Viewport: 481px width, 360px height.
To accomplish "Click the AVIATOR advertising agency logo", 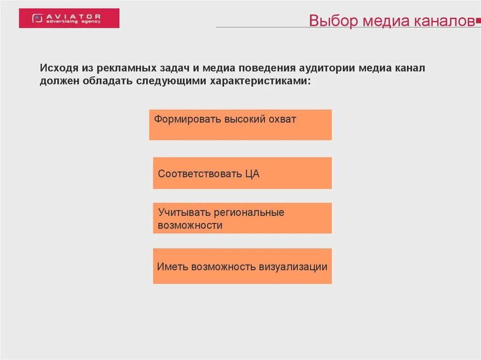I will pos(69,18).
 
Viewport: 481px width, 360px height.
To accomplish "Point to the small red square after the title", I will pos(478,21).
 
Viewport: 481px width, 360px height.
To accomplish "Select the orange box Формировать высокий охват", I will pos(240,125).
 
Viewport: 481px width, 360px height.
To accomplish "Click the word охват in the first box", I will pos(282,119).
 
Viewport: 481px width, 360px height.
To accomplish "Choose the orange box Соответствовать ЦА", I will pos(242,173).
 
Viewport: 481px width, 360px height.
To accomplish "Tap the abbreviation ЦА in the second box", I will pos(252,174).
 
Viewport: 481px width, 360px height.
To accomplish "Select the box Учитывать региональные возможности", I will pos(242,218).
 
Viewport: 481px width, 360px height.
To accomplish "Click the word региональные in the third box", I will pos(249,213).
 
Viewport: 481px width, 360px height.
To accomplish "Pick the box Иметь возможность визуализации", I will pos(242,266).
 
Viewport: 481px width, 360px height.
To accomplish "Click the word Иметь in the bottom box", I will pos(172,267).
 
